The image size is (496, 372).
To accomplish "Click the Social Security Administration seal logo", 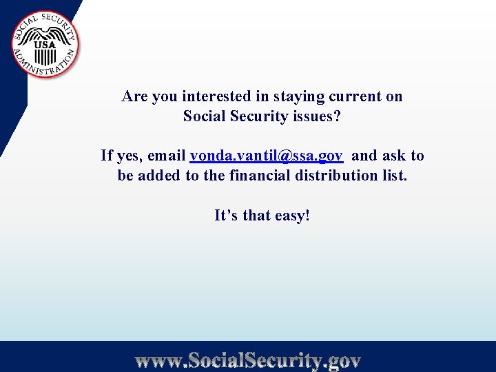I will tap(45, 45).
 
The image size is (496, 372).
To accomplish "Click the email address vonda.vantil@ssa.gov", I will tap(267, 156).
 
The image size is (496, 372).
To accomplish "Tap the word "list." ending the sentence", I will tap(394, 176).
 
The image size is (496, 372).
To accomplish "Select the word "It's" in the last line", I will tap(225, 216).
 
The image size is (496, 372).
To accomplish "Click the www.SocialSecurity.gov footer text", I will tap(248, 360).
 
